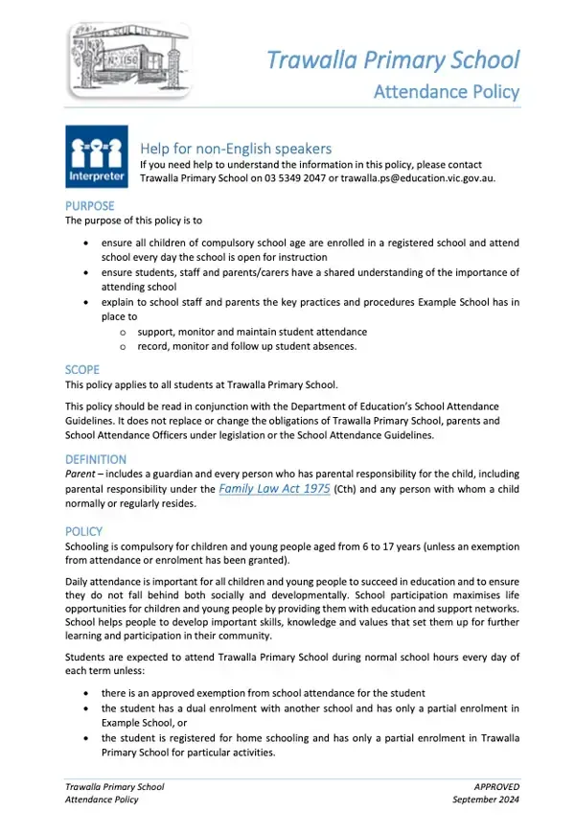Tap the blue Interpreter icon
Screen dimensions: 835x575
95,156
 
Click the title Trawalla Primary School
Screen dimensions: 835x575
393,60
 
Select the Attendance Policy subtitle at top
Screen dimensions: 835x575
446,92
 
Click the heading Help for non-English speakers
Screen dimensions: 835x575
236,148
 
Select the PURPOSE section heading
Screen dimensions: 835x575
89,206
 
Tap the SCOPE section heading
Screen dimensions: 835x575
82,369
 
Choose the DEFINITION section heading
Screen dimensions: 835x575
96,459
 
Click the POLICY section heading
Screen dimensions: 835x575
83,531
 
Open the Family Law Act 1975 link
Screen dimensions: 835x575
275,489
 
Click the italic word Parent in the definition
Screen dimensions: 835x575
80,475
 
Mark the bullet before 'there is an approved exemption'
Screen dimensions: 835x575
89,693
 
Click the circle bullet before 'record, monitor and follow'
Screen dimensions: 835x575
125,346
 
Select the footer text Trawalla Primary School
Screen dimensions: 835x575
114,786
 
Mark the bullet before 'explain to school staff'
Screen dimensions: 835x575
89,302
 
